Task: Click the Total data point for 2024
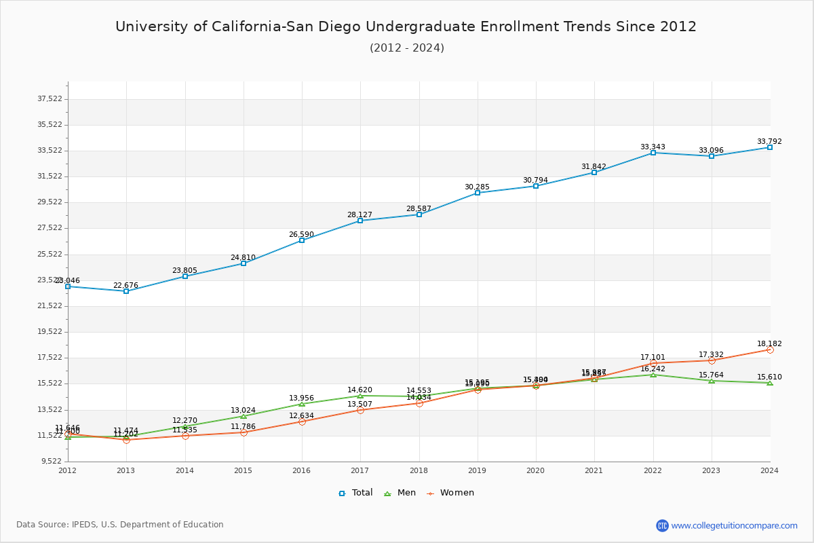click(x=770, y=147)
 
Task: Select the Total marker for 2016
click(x=302, y=240)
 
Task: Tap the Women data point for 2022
click(x=653, y=363)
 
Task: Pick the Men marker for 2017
click(x=360, y=396)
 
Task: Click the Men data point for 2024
click(x=770, y=383)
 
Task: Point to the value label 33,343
click(x=653, y=147)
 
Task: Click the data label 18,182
click(x=769, y=344)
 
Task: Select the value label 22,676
click(x=125, y=286)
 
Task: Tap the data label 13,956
click(x=301, y=398)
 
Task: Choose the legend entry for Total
click(x=356, y=493)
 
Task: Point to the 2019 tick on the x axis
click(x=477, y=470)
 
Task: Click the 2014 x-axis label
click(x=185, y=470)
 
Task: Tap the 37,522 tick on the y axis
click(x=50, y=99)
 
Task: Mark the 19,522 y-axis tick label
click(x=50, y=332)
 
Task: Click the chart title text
click(x=406, y=26)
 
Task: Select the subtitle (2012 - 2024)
click(x=407, y=48)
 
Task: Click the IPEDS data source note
click(x=120, y=525)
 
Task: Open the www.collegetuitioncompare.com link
click(x=734, y=525)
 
